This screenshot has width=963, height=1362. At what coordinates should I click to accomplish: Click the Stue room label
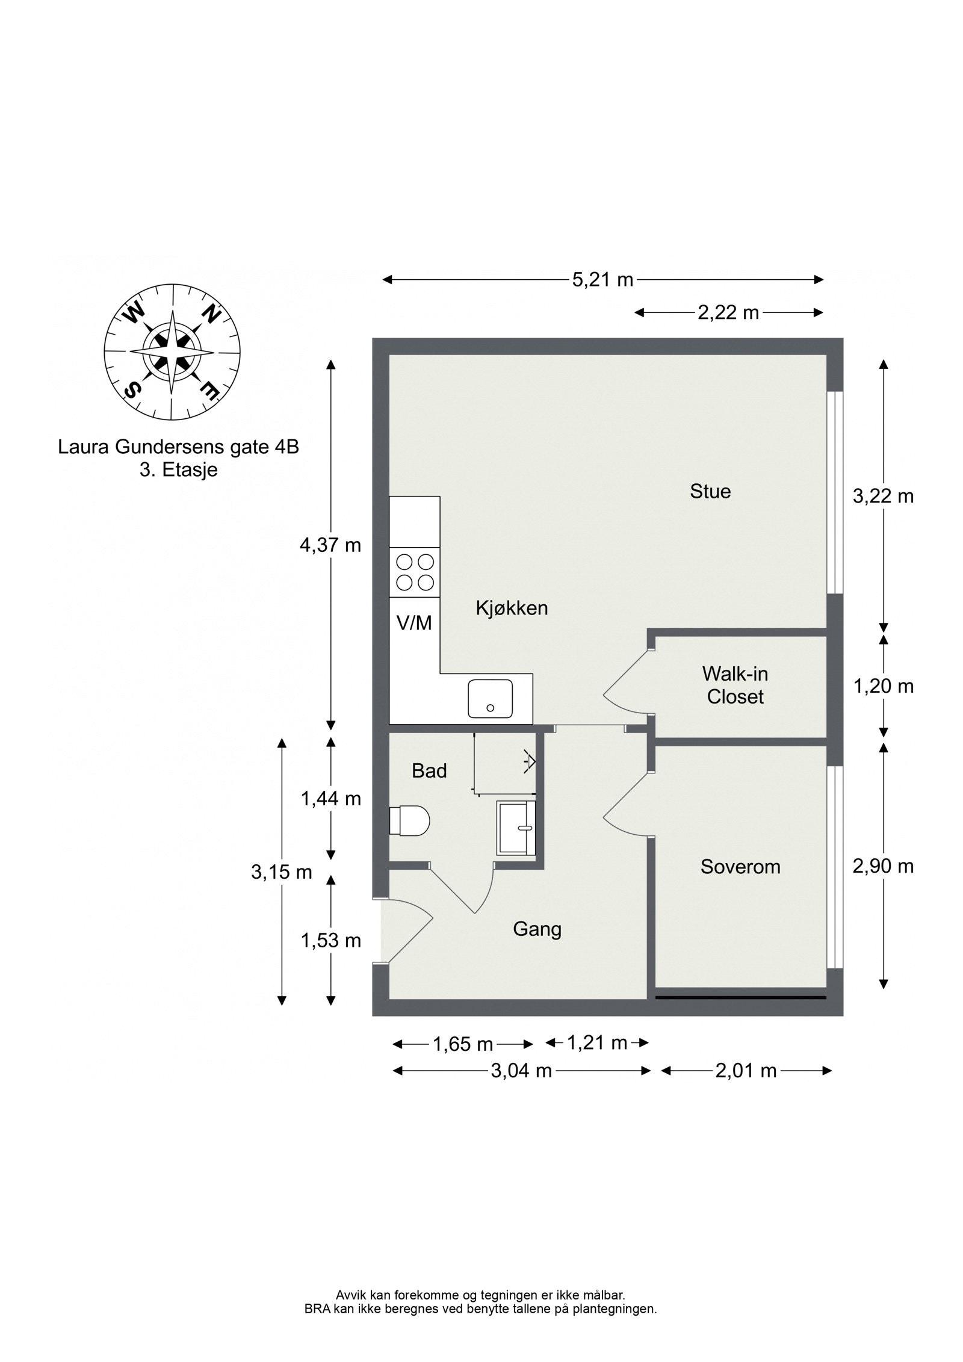click(710, 491)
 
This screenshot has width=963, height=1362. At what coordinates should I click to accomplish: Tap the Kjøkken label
click(512, 608)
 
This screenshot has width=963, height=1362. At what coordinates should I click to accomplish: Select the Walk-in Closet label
click(735, 685)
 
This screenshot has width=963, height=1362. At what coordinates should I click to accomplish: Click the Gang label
click(537, 929)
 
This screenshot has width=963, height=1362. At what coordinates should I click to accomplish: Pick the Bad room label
click(429, 771)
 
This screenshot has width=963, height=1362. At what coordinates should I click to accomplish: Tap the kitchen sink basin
click(491, 699)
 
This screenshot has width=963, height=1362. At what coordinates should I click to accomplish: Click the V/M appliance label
click(414, 623)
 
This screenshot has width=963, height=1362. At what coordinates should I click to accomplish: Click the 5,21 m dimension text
click(602, 280)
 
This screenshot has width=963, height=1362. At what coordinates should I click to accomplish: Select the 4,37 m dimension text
click(330, 545)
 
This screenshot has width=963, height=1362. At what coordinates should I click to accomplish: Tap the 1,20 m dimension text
click(883, 686)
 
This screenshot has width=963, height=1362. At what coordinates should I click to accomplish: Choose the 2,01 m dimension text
click(746, 1071)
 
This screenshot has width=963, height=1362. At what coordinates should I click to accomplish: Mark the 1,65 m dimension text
click(463, 1044)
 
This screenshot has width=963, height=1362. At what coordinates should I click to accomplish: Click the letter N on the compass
click(211, 314)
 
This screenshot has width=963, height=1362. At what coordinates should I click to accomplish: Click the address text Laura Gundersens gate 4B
click(178, 448)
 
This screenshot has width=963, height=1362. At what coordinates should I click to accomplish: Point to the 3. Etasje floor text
click(178, 470)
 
